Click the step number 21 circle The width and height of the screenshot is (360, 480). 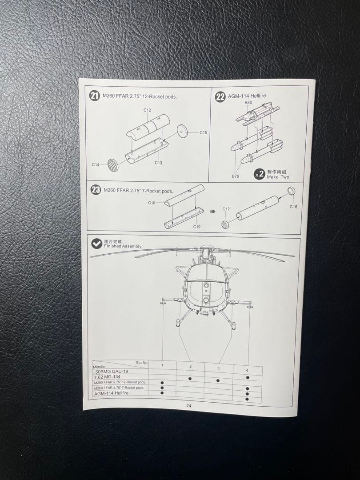tap(95, 96)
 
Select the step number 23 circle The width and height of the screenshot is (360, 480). tap(96, 190)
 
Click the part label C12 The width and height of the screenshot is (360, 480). tap(147, 110)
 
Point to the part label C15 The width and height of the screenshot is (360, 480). tap(203, 132)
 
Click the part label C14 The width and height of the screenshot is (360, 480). tap(96, 164)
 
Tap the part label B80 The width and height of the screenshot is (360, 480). tap(248, 103)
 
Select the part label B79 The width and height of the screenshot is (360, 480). tap(236, 176)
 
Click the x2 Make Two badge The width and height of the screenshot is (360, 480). tap(259, 174)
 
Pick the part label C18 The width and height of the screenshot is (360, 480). tap(152, 203)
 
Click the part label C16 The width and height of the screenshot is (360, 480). tap(293, 207)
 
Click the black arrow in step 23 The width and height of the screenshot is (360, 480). tap(212, 212)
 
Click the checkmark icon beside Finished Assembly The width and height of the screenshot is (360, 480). tap(96, 244)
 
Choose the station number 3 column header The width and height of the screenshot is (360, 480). tap(218, 368)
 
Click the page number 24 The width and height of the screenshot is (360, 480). tap(189, 406)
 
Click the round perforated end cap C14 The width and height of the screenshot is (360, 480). tap(113, 166)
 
